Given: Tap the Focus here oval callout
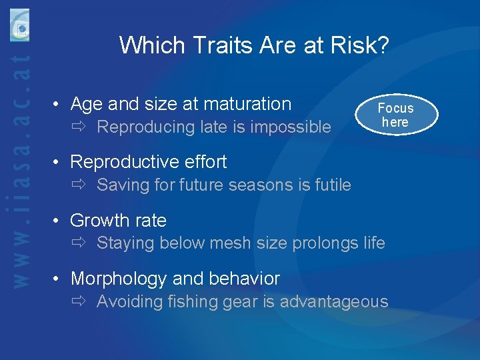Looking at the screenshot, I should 395,115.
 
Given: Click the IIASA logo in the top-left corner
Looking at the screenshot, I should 19,25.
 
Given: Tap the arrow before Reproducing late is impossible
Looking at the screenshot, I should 80,127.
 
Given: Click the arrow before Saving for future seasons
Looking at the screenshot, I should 80,185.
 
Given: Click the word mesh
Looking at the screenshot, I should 235,243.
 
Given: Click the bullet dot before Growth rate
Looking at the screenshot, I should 59,221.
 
